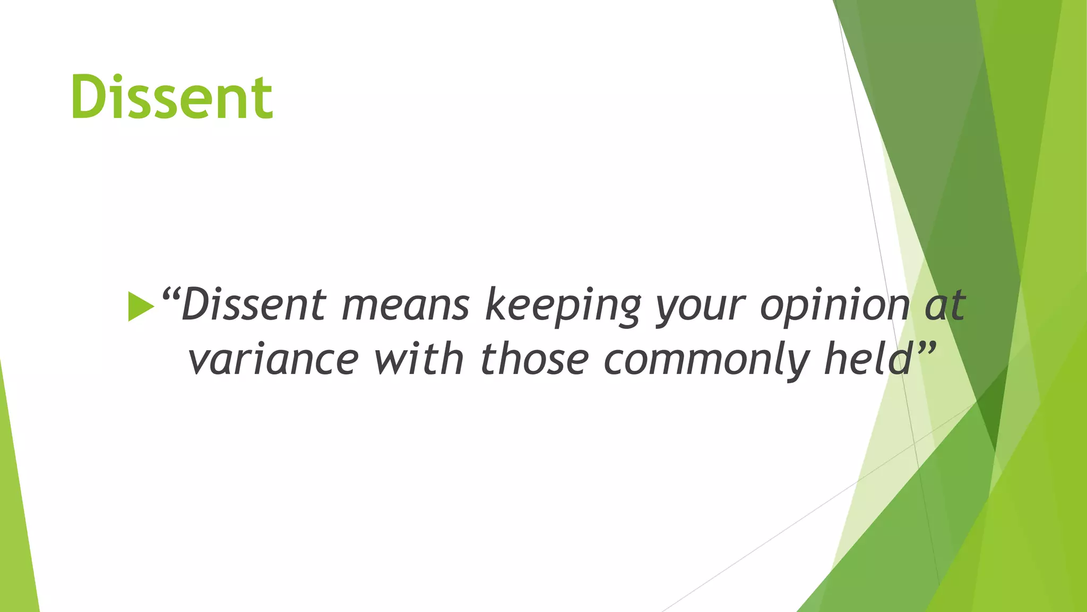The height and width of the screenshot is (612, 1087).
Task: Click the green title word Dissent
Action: point(172,97)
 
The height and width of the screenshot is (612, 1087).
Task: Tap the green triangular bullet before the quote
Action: point(140,307)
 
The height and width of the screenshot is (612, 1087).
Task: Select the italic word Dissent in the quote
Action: point(253,305)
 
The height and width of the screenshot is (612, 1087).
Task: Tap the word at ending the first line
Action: point(945,305)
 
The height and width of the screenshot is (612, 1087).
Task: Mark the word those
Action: point(534,359)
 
